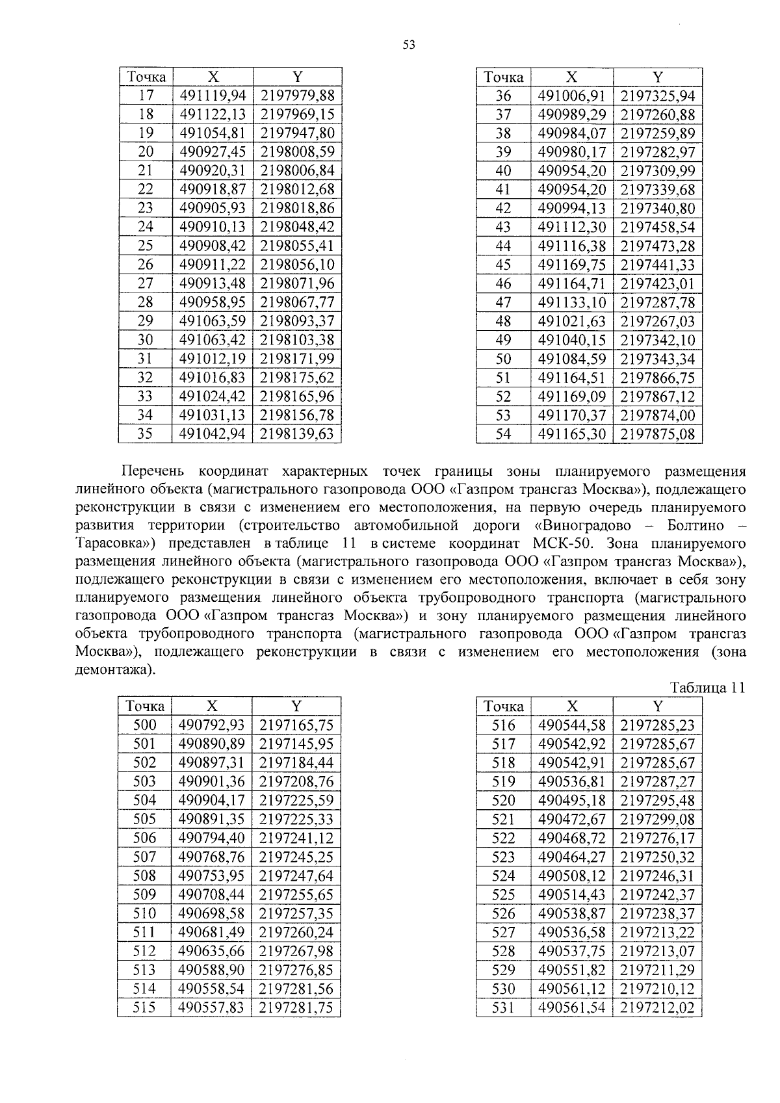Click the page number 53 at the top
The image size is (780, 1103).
click(x=408, y=45)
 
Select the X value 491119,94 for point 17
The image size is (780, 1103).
click(x=212, y=96)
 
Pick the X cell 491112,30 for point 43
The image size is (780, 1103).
click(x=572, y=227)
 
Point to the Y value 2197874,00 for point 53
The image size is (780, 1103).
click(x=658, y=415)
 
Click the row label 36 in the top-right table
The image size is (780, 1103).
click(x=503, y=96)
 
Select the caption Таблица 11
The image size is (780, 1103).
click(x=707, y=688)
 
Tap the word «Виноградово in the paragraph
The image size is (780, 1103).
click(x=580, y=525)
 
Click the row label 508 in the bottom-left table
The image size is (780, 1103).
click(x=144, y=876)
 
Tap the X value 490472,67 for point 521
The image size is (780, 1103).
click(x=572, y=819)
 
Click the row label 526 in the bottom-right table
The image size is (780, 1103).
click(x=503, y=913)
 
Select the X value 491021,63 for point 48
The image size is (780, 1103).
click(x=572, y=321)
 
